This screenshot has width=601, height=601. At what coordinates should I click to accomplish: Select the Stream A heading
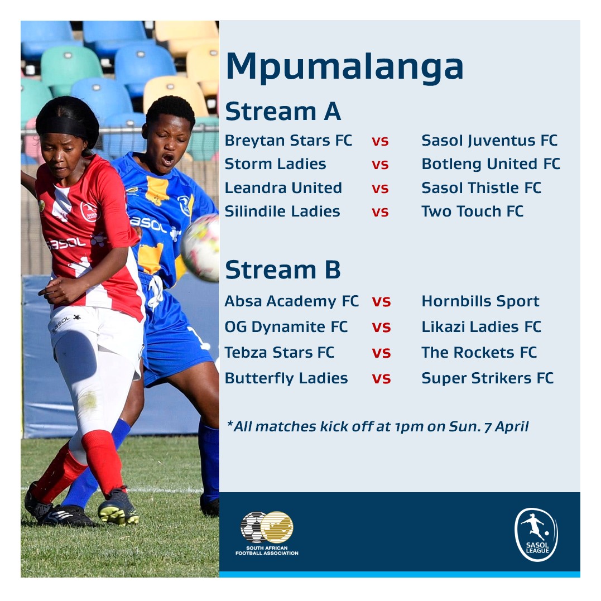coord(282,112)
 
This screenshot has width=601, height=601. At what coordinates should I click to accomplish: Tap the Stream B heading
coord(282,270)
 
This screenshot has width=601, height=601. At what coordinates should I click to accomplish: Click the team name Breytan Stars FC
coord(289,141)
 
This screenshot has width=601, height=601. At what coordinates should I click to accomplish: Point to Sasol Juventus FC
coord(489,141)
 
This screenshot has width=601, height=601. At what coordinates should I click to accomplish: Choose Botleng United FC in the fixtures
coord(491,164)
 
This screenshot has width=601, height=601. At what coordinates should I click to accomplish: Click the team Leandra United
coord(283,188)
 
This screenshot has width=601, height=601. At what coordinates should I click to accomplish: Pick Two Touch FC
coord(472,211)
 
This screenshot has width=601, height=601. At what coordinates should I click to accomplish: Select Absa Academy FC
coord(291,301)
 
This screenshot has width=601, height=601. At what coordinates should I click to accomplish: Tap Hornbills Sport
coord(480,301)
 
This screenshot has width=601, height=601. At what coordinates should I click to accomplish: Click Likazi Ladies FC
coord(481,327)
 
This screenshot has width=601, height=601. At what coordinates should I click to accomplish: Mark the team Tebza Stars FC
coord(280,353)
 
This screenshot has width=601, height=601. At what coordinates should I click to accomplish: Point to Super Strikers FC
coord(487,378)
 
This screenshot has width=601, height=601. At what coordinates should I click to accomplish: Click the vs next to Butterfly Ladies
coord(381,378)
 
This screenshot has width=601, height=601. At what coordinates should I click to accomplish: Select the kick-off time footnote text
coord(378,427)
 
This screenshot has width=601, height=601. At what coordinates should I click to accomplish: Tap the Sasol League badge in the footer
coord(536,534)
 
